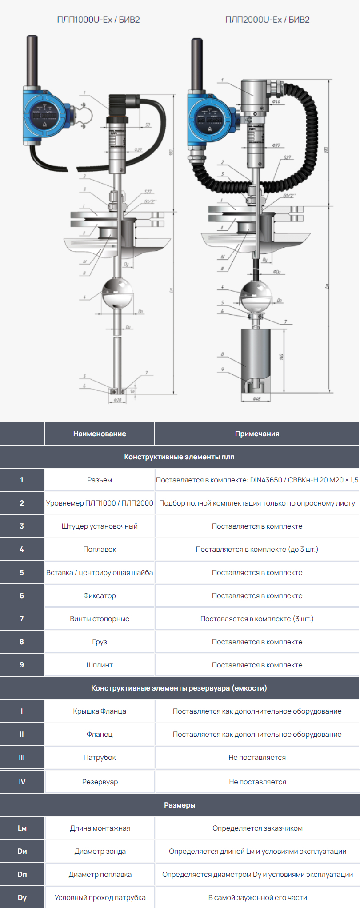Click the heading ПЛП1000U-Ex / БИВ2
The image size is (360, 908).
tap(98, 20)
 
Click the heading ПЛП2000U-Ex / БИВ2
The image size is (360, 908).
tap(267, 20)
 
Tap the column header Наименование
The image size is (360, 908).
tap(100, 434)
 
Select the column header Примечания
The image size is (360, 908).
tap(257, 434)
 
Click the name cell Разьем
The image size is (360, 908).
tap(100, 480)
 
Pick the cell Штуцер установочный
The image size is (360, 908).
tap(100, 526)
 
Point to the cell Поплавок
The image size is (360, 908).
tap(100, 549)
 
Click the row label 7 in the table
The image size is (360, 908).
tap(22, 619)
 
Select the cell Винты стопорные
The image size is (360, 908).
tap(100, 619)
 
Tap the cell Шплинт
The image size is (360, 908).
tap(100, 665)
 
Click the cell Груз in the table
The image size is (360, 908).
tap(100, 642)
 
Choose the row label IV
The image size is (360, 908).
tap(22, 782)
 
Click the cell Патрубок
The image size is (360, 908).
tap(100, 757)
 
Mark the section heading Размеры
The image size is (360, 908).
tap(180, 805)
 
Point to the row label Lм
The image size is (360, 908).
tap(22, 828)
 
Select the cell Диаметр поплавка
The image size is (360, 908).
tap(100, 874)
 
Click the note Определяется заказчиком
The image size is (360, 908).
tap(257, 828)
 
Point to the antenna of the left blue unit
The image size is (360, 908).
tap(32, 60)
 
